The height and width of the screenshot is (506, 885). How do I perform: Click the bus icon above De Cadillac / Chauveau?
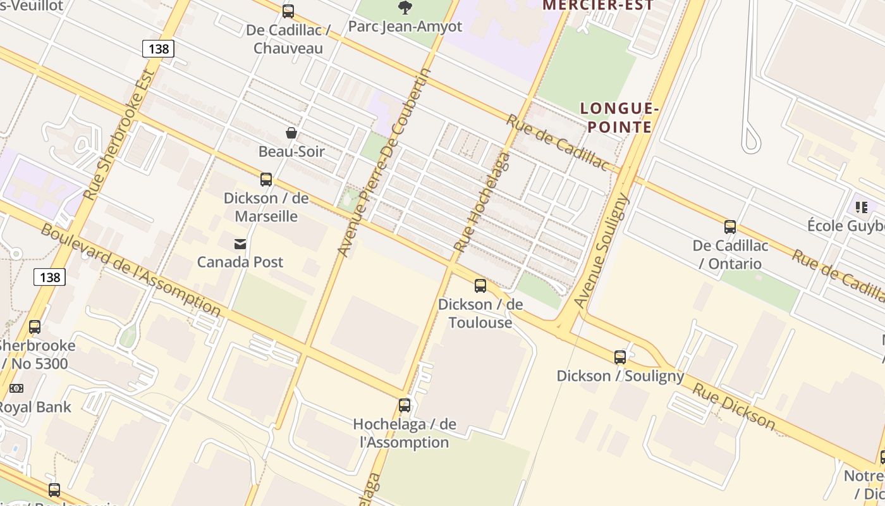(288, 11)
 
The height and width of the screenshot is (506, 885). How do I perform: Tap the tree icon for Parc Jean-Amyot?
(405, 8)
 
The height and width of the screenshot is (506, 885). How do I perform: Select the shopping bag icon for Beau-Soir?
(291, 133)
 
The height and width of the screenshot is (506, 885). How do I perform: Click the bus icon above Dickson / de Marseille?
(266, 180)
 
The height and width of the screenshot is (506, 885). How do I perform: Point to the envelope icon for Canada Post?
(240, 244)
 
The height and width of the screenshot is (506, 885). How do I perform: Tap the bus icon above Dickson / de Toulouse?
(480, 286)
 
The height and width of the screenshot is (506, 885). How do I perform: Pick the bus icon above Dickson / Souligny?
(620, 357)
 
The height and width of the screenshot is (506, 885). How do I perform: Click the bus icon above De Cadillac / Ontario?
(730, 227)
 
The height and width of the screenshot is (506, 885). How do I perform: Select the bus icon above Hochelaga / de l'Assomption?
(405, 405)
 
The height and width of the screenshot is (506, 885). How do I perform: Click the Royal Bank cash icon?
(16, 388)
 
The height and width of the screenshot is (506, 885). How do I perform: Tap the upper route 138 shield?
(157, 49)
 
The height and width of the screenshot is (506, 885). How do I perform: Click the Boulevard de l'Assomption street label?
(130, 269)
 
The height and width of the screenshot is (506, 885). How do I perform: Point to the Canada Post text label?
(240, 262)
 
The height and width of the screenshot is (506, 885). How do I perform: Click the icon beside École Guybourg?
(862, 207)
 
